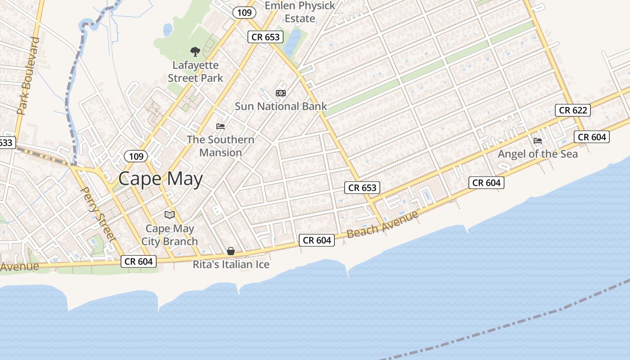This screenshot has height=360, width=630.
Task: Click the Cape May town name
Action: click(160, 179)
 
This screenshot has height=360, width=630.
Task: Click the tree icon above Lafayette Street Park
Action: click(195, 52)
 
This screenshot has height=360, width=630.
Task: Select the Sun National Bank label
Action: click(281, 107)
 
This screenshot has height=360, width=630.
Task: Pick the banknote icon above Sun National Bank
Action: click(281, 93)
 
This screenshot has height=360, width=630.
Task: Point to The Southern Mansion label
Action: click(220, 146)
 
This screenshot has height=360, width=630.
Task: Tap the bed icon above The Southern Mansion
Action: click(220, 126)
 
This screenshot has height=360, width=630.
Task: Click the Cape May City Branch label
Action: click(170, 235)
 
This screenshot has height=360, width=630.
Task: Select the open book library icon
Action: click(169, 215)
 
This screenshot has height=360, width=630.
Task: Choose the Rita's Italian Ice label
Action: click(231, 265)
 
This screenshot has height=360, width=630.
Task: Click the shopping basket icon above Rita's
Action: click(231, 251)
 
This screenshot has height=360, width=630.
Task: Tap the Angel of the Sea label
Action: click(538, 154)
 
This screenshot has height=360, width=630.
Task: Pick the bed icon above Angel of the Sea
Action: click(538, 141)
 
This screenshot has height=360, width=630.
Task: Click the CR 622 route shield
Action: click(572, 110)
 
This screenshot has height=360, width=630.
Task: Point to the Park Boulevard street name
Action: click(28, 76)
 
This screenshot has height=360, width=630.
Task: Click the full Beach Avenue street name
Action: click(382, 224)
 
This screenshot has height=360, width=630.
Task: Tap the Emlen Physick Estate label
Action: click(300, 12)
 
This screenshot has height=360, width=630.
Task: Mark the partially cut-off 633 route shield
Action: click(7, 143)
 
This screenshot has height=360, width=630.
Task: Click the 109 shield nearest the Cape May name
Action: click(135, 156)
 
